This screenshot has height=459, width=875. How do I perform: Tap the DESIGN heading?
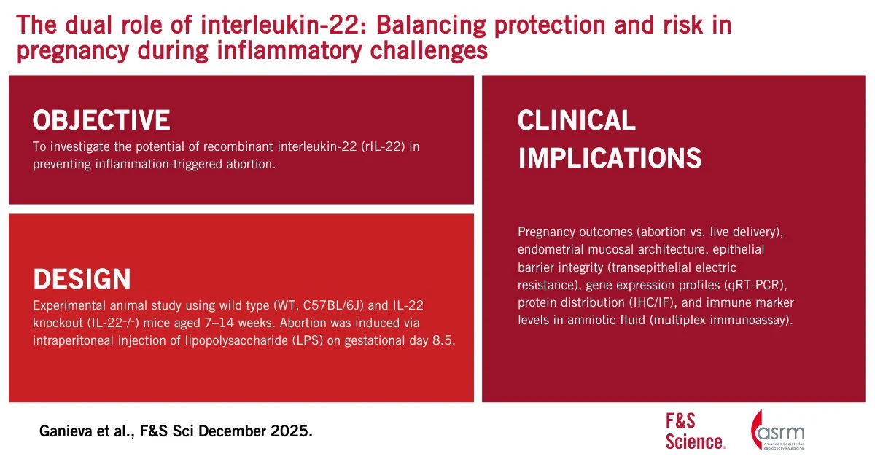tap(82, 278)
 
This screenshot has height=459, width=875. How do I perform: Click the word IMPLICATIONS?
tap(610, 157)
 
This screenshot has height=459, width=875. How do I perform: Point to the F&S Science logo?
tap(696, 431)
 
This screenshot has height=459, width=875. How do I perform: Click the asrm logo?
tap(777, 430)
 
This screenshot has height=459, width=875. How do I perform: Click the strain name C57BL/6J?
tap(333, 305)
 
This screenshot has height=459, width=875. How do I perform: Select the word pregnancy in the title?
tap(73, 51)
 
